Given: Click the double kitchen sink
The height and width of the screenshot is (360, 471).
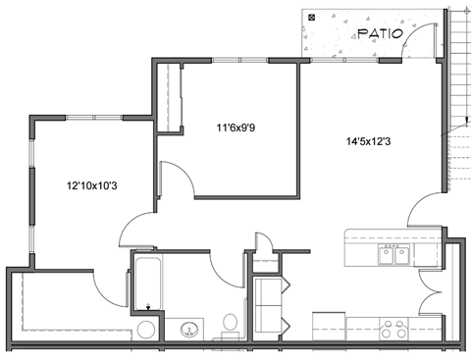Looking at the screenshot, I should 394,256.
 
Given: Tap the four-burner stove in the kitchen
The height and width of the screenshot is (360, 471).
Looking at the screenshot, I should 394,327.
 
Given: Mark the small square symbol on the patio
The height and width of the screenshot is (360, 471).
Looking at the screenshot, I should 312,18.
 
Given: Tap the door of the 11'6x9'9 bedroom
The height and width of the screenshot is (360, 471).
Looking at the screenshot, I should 175,180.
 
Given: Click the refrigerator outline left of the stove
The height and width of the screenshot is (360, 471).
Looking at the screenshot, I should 330,325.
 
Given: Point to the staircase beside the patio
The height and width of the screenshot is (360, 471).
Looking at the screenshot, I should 459,98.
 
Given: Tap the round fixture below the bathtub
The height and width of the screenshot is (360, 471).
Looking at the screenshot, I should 146,329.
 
